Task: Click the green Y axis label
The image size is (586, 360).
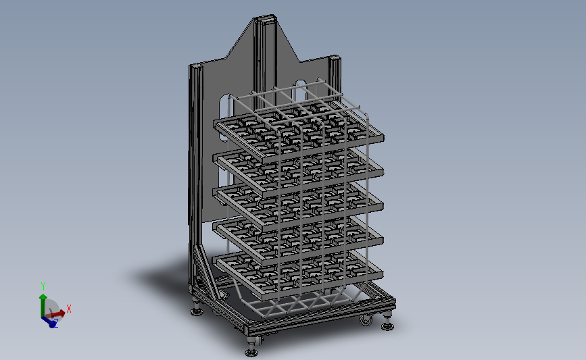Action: tap(43, 286)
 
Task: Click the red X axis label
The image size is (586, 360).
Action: tap(69, 309)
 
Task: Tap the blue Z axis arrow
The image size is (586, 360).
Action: tap(48, 321)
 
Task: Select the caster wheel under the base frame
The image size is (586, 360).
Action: tap(366, 319)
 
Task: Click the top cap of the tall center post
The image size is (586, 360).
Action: tap(265, 18)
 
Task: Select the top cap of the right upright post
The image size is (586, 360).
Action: tap(334, 57)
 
